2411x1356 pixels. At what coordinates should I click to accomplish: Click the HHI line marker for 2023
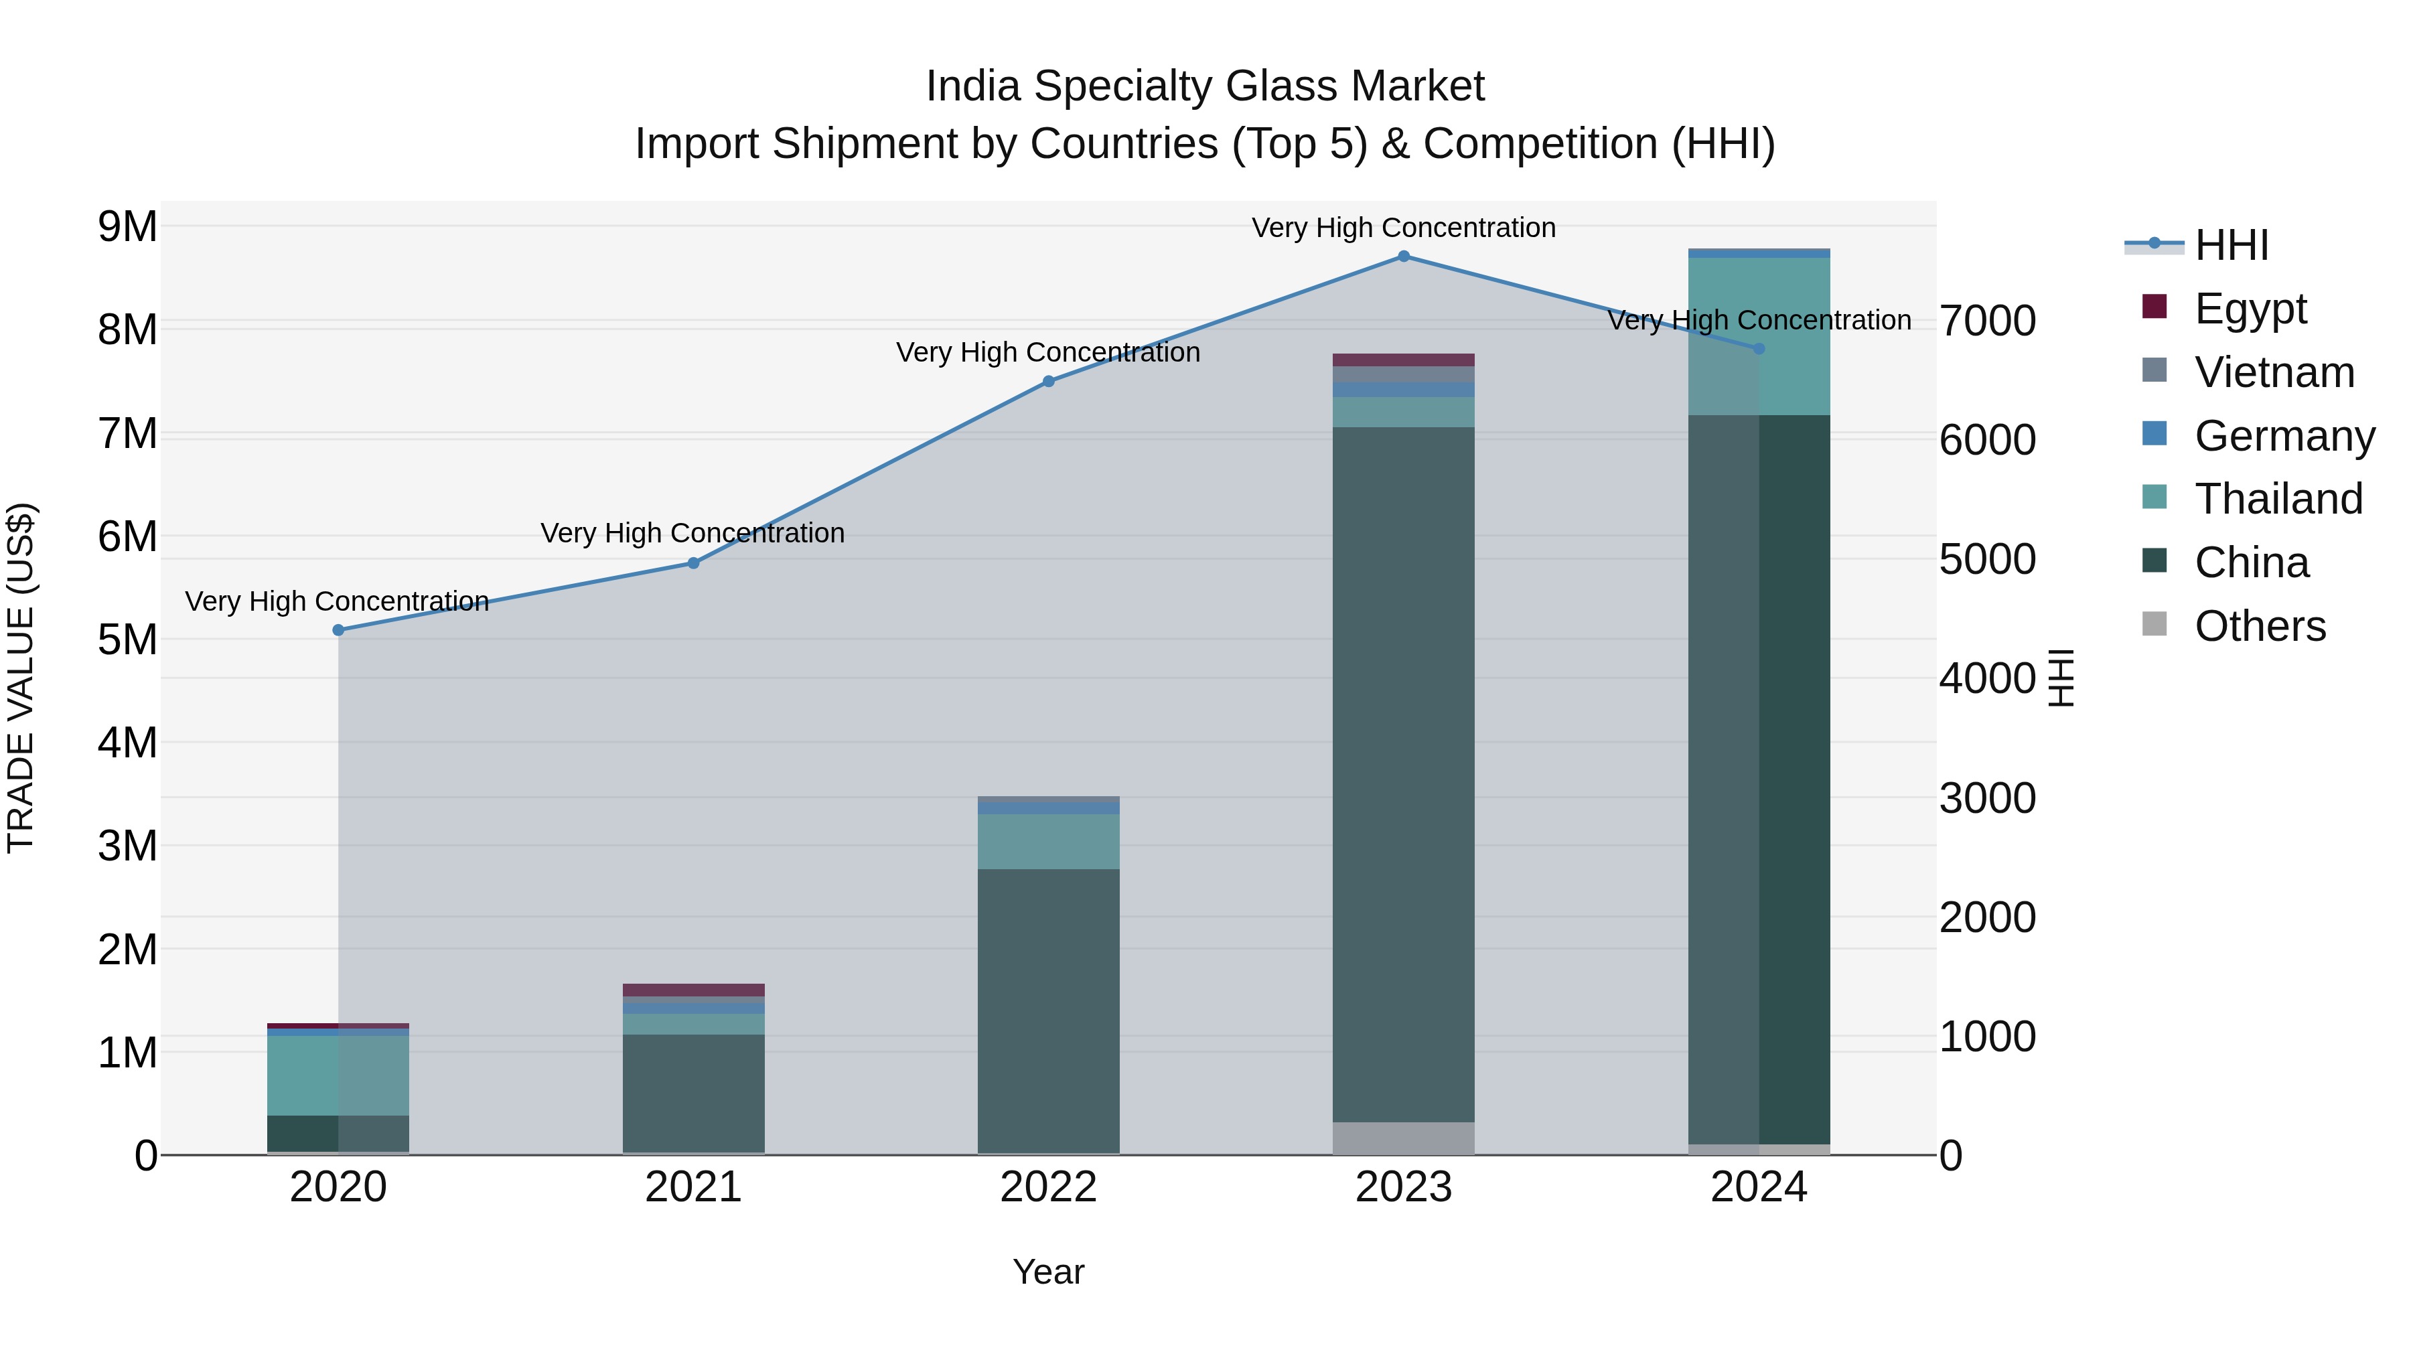[x=1403, y=256]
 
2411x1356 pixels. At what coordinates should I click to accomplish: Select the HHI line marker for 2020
[x=339, y=630]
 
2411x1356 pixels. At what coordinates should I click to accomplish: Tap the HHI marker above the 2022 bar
[x=1048, y=381]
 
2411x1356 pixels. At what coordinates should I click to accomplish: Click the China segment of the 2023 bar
[x=1403, y=774]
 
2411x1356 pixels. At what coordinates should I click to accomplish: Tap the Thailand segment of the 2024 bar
[x=1759, y=336]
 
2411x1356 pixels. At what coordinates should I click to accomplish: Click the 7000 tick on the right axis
[x=1987, y=320]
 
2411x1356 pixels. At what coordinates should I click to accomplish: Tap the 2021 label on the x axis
[x=694, y=1187]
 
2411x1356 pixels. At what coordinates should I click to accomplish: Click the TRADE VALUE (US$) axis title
[x=21, y=678]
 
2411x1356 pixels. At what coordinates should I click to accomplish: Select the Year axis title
[x=1048, y=1271]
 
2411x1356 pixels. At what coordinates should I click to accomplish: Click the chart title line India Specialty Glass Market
[x=1205, y=86]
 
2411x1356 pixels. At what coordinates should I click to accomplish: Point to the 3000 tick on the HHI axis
[x=1987, y=798]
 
